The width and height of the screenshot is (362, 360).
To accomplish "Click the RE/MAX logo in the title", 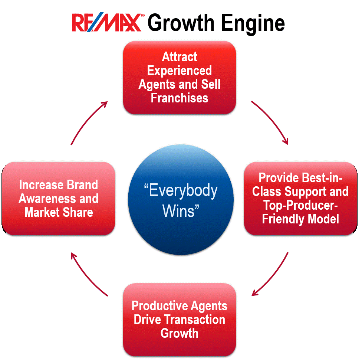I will tap(106, 23).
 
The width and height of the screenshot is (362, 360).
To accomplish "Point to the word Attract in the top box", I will tap(180, 57).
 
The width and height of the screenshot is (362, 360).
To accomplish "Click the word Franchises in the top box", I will tap(180, 98).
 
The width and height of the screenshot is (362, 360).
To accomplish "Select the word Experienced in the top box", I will tap(180, 71).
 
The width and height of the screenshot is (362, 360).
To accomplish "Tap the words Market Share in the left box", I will tap(59, 212).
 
